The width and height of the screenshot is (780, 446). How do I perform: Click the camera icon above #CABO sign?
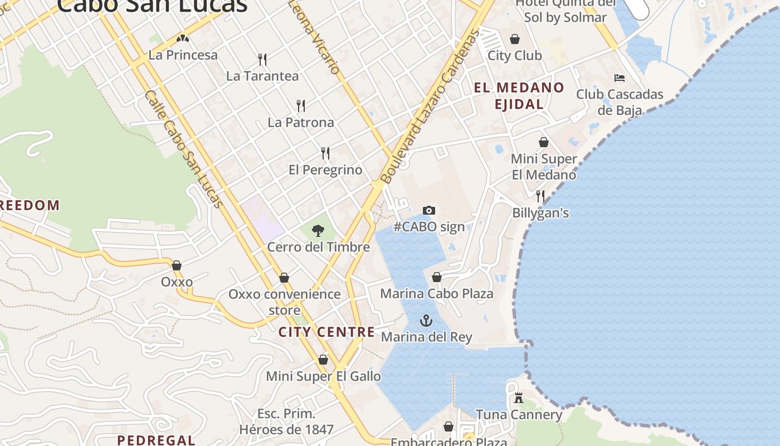428,210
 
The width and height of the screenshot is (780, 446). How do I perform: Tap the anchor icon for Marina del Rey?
426,321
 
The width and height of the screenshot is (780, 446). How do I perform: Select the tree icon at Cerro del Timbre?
318,230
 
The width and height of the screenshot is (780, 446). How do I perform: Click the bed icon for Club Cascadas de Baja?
620,77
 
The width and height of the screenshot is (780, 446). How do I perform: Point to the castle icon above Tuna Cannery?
519,398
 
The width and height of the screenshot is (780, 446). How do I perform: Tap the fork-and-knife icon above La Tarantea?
262,59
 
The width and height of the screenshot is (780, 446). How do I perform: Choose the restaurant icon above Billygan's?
540,196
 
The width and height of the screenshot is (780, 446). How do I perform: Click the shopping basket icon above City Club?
515,39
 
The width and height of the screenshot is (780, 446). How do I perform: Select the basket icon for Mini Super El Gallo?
323,360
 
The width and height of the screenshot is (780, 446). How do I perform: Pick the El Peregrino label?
325,169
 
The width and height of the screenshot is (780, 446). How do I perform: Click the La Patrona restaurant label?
301,122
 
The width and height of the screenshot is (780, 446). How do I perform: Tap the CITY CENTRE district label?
326,332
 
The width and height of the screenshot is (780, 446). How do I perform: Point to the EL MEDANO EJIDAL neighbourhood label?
519,95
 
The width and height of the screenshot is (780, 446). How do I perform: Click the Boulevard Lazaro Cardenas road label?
430,107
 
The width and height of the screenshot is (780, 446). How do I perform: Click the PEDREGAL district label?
156,440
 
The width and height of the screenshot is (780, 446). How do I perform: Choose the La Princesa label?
183,55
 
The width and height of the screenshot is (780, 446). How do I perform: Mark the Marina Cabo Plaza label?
437,293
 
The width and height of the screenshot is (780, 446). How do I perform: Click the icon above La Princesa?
182,38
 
